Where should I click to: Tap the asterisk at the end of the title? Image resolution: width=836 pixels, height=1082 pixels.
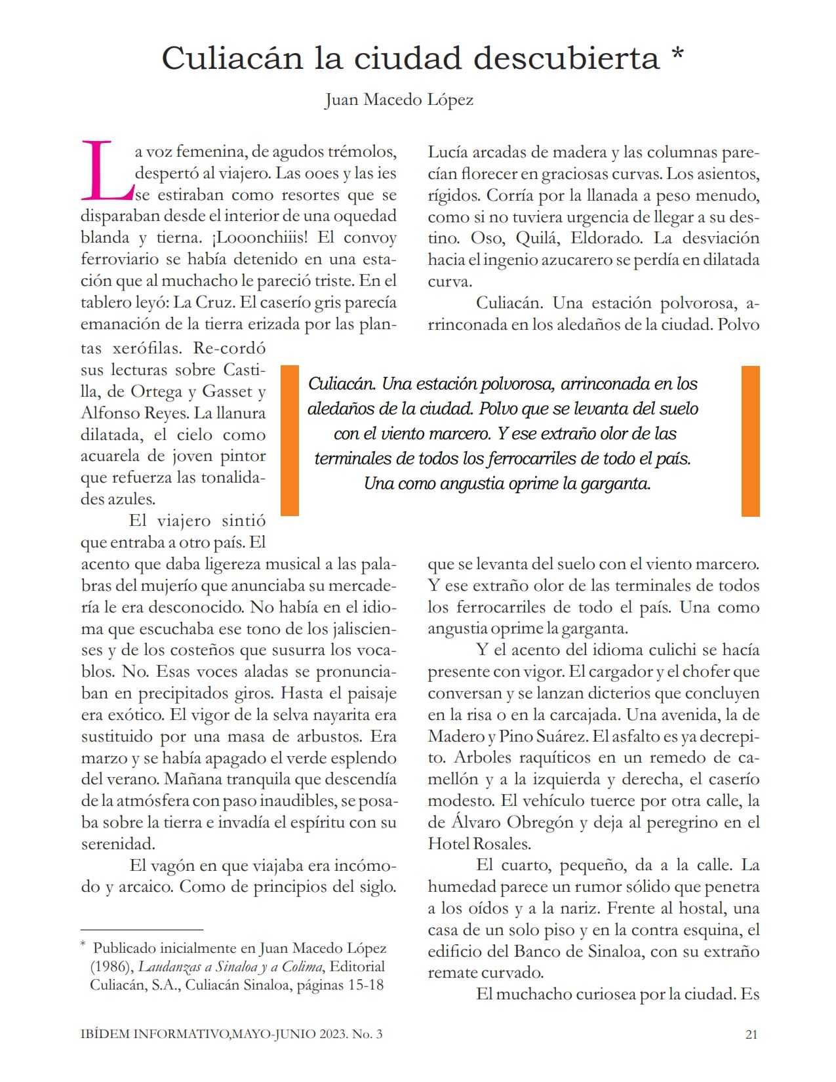[677, 55]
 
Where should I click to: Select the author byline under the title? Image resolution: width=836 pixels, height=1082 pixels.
[399, 100]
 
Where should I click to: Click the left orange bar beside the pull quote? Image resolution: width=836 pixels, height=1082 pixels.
[289, 441]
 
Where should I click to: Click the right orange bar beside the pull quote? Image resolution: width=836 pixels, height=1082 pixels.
[750, 441]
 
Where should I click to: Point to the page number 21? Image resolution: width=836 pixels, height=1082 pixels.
[751, 1035]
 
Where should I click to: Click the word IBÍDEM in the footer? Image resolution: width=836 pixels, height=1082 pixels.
[104, 1035]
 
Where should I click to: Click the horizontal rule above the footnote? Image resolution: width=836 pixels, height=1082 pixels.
[142, 930]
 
